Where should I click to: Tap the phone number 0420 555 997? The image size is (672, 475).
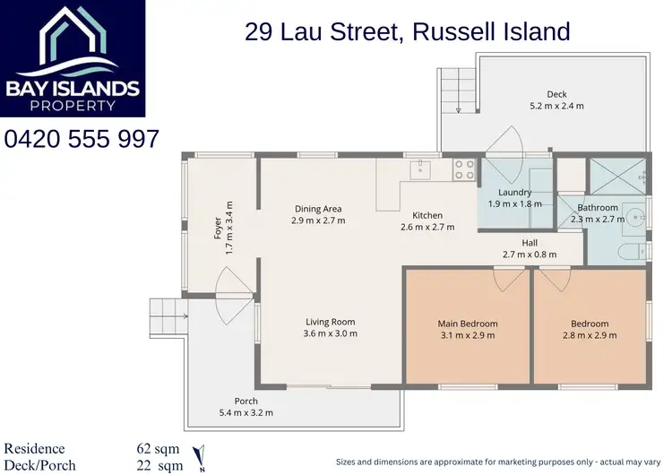(x=82, y=139)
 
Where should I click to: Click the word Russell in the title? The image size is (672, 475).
(x=437, y=31)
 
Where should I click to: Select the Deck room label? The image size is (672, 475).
(x=556, y=94)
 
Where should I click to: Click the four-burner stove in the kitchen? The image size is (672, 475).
(x=463, y=169)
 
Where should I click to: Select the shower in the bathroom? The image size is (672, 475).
(x=617, y=177)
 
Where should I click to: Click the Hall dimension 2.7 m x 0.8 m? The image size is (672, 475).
(x=530, y=255)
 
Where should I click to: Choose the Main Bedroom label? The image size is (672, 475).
(x=467, y=324)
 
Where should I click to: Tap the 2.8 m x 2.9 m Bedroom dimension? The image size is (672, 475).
(x=590, y=335)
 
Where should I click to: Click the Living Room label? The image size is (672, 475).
(x=331, y=322)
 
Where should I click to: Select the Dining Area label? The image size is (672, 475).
(x=318, y=209)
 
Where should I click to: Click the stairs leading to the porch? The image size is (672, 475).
(x=167, y=315)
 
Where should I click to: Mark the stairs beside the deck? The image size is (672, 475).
(x=455, y=90)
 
